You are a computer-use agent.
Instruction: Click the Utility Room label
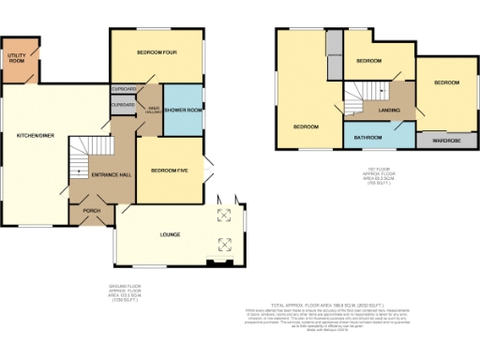[x=16, y=59]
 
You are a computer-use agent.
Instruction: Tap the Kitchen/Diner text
[x=35, y=136]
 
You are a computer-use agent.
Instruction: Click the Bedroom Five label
[x=170, y=170]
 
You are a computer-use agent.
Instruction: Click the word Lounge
[x=170, y=234]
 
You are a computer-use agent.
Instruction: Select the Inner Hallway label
[x=150, y=111]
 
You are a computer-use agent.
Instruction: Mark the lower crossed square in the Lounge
[x=225, y=244]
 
